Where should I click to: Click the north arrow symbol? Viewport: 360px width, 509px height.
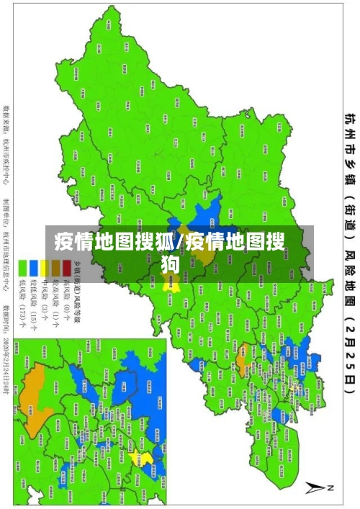318,487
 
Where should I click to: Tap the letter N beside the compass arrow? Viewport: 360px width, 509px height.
332,487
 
